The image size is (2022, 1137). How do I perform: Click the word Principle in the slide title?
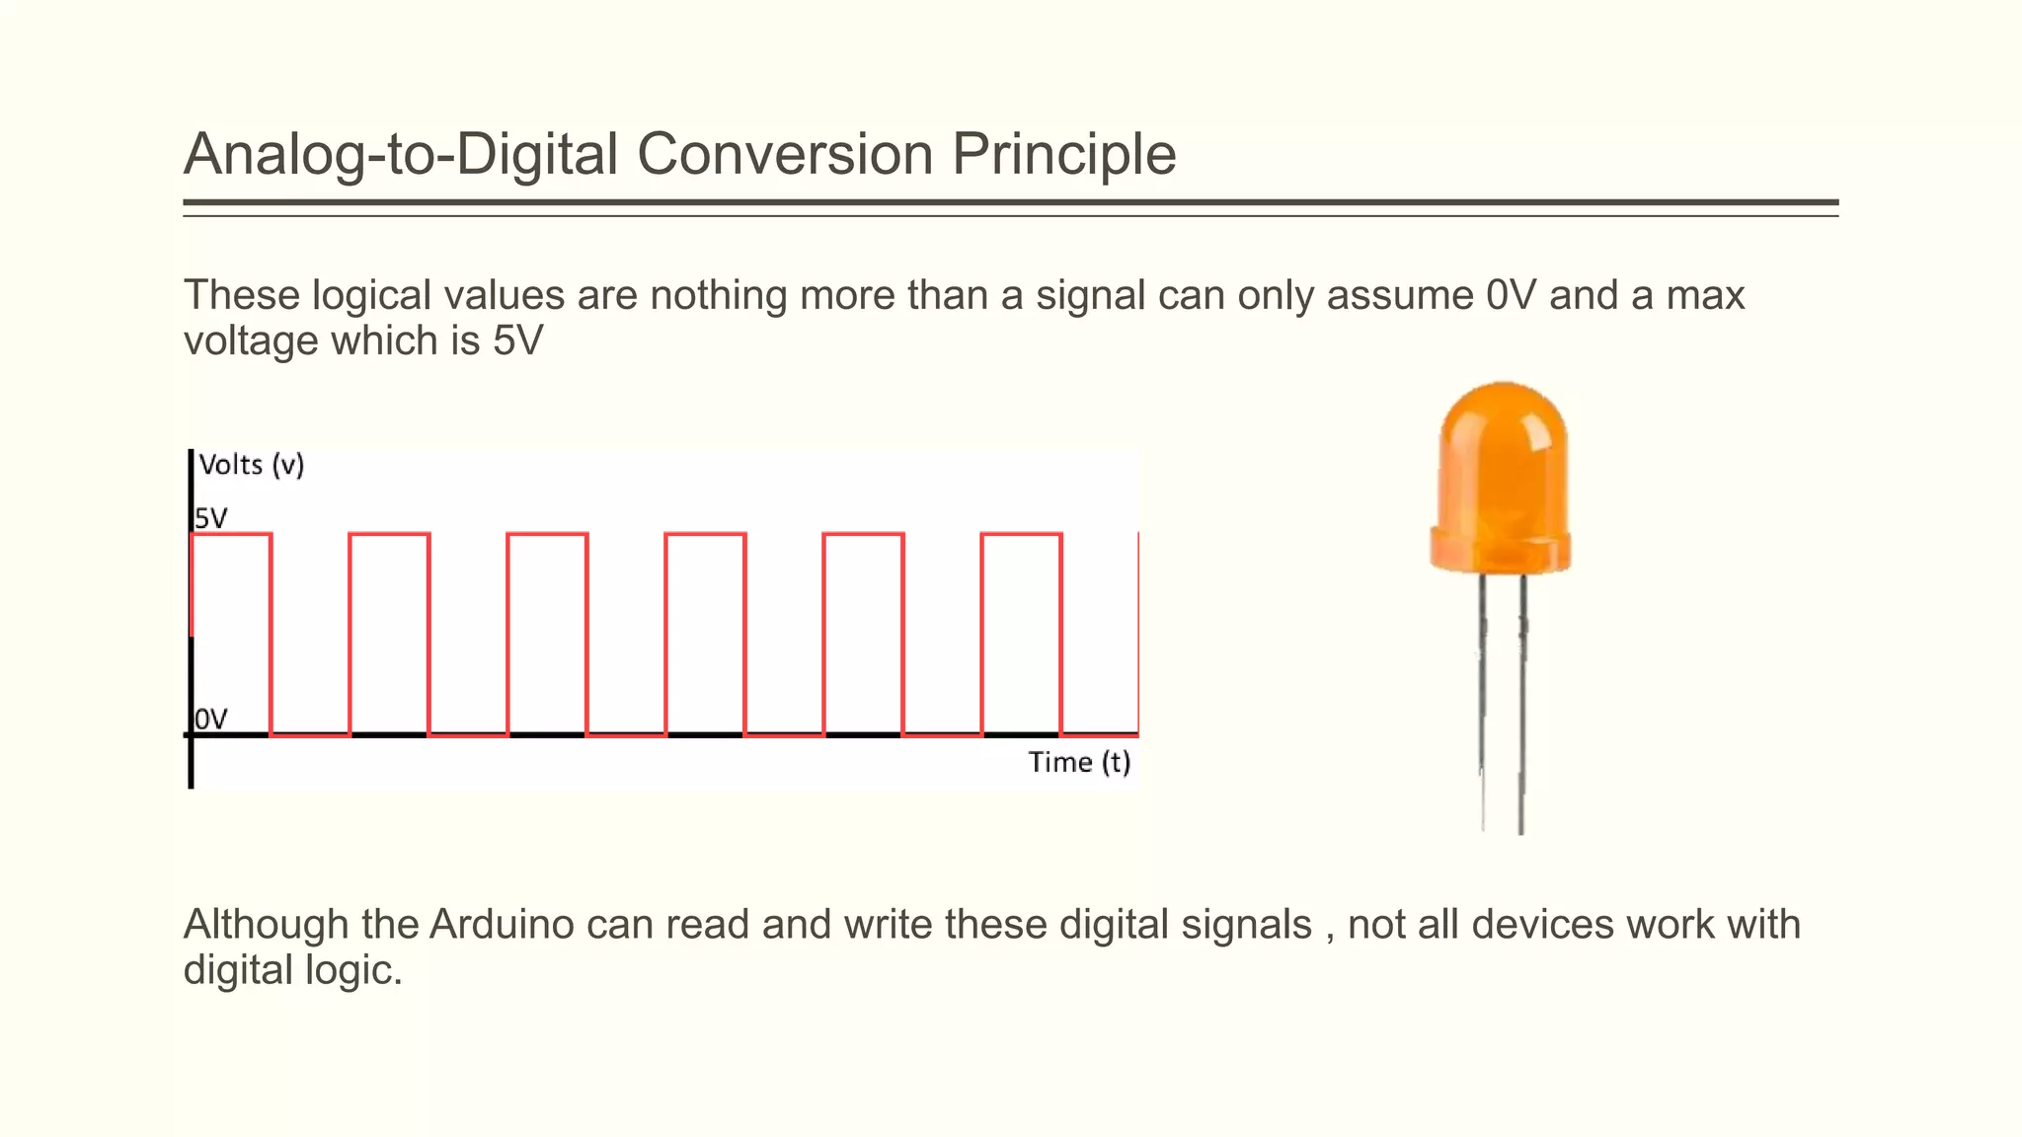[x=1063, y=155]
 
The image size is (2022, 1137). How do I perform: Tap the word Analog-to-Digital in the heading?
[x=401, y=155]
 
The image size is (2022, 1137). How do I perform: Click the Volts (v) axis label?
[x=252, y=465]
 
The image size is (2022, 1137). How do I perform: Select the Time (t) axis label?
[x=1079, y=762]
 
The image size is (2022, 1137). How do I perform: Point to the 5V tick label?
[x=211, y=518]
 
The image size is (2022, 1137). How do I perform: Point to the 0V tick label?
[x=211, y=720]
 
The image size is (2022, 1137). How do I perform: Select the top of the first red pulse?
[x=231, y=534]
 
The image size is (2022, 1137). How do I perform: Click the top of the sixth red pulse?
[x=1022, y=534]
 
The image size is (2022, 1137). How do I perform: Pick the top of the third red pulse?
[x=548, y=534]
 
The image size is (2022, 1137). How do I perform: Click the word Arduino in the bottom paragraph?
[x=502, y=925]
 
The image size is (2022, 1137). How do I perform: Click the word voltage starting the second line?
[x=252, y=341]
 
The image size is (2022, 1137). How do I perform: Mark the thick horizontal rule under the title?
[x=1010, y=202]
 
